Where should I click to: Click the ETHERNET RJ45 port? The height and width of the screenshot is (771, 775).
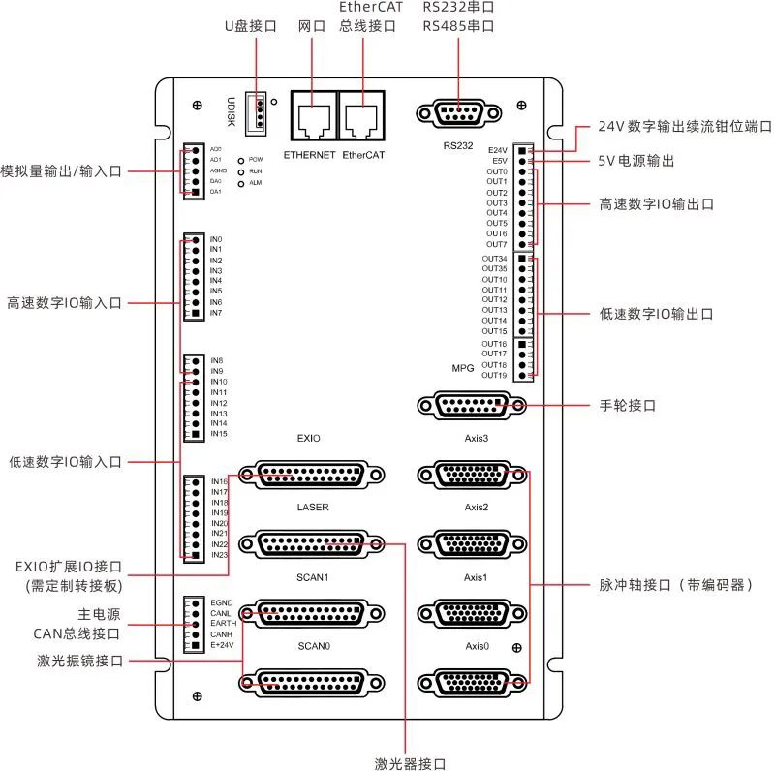pyautogui.click(x=309, y=120)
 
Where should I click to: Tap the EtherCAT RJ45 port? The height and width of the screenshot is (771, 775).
pyautogui.click(x=361, y=120)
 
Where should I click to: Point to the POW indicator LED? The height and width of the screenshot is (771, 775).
pyautogui.click(x=239, y=158)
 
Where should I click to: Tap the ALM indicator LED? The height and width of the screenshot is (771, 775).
pyautogui.click(x=239, y=182)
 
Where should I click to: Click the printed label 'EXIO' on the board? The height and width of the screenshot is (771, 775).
pyautogui.click(x=308, y=439)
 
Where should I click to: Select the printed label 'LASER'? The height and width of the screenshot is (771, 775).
pyautogui.click(x=312, y=507)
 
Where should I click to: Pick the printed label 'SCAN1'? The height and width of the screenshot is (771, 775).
pyautogui.click(x=312, y=577)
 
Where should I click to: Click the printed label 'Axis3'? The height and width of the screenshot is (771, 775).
pyautogui.click(x=476, y=439)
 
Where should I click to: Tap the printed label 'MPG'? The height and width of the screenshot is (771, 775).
pyautogui.click(x=463, y=369)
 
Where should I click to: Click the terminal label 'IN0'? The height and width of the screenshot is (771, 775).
pyautogui.click(x=216, y=239)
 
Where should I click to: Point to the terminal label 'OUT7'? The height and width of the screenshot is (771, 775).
pyautogui.click(x=496, y=244)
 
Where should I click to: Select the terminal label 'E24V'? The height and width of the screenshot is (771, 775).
pyautogui.click(x=498, y=150)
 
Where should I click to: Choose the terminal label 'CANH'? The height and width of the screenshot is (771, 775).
pyautogui.click(x=221, y=634)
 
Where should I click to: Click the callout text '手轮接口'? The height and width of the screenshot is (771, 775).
pyautogui.click(x=629, y=406)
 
